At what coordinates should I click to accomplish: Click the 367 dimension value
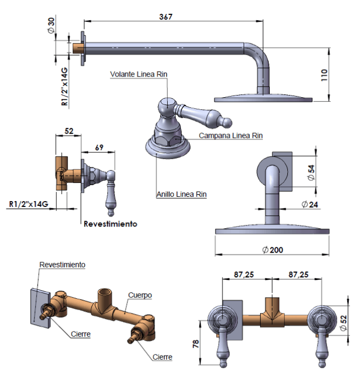(166, 16)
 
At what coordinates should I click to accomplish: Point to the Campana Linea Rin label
(231, 136)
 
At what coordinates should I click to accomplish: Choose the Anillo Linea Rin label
(181, 195)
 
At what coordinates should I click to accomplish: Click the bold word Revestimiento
(110, 224)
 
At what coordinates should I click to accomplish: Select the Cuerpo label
(140, 295)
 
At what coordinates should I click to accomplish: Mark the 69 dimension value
(99, 147)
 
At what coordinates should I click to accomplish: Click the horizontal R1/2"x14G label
(29, 204)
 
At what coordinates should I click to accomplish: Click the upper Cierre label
(81, 334)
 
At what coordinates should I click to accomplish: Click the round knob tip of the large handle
(227, 123)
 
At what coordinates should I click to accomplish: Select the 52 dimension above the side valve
(69, 131)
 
